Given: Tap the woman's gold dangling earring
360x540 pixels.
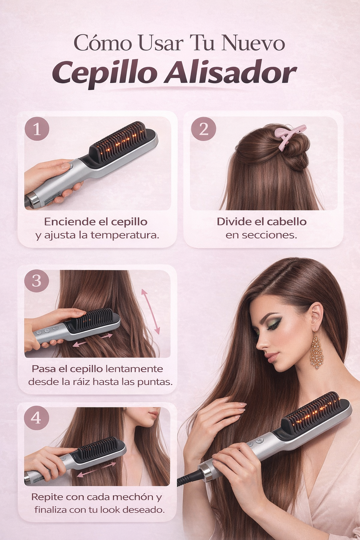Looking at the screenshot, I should tap(316, 350).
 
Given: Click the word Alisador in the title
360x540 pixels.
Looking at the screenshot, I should tap(231, 73).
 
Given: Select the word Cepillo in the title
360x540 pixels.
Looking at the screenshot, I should tap(104, 73).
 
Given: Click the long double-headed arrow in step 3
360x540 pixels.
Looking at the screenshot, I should tap(150, 311).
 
